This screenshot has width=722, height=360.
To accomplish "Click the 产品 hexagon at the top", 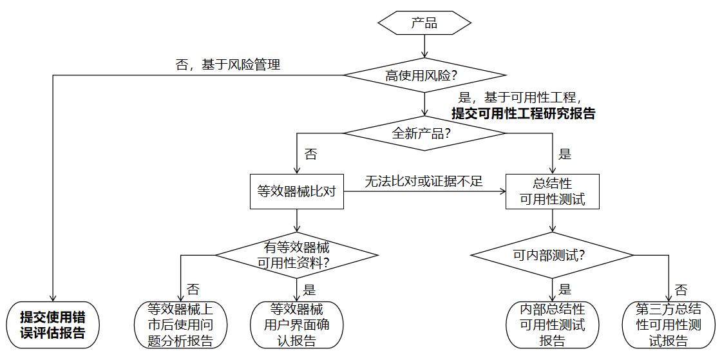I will [x=424, y=24].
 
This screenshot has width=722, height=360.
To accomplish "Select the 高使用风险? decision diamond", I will [x=424, y=75].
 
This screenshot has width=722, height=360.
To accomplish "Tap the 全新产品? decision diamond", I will [x=424, y=134].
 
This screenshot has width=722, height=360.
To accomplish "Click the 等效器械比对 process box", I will [x=297, y=191].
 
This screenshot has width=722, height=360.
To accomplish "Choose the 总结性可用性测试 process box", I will [x=553, y=191].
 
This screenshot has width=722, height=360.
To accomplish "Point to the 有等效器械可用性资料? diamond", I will [x=297, y=255].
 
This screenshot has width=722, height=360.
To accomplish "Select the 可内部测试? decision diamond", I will [x=553, y=255].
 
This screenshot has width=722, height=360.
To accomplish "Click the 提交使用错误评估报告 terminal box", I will [x=52, y=325].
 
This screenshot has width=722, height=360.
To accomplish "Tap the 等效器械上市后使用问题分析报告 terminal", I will [x=180, y=325].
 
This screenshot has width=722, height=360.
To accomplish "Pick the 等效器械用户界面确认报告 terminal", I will [x=297, y=325].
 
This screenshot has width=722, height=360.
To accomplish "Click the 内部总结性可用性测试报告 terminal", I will [x=553, y=325].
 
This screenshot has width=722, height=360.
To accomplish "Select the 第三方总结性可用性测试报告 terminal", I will [x=669, y=325].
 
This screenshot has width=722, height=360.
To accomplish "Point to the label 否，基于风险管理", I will [x=228, y=64].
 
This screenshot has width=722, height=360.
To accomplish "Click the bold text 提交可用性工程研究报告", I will [x=524, y=113].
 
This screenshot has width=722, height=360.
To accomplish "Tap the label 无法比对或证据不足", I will [x=423, y=182].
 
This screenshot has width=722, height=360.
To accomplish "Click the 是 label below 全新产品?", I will [x=565, y=154].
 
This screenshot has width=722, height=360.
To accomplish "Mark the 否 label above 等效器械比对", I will [x=310, y=154].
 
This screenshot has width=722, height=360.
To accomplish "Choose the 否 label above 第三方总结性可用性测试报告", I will [x=681, y=289].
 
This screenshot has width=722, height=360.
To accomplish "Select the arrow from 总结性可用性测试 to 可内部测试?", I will [x=553, y=220].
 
